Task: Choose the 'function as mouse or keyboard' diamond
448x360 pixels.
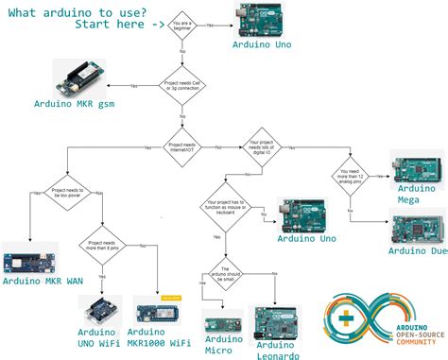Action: coord(224,208)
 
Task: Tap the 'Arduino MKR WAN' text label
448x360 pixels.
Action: coord(45,282)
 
